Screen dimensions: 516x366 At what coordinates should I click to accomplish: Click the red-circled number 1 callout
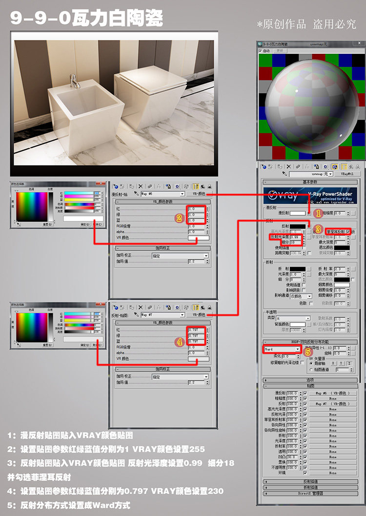point(317,213)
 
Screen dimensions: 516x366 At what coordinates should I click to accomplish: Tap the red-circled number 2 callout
point(179,218)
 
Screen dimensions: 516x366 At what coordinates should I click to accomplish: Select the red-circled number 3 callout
point(317,228)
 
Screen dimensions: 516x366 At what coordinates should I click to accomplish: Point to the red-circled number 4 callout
point(179,342)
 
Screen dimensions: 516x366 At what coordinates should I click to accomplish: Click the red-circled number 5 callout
point(308,351)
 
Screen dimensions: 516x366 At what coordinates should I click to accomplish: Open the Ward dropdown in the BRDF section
point(283,350)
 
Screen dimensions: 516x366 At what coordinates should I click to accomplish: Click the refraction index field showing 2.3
point(340,269)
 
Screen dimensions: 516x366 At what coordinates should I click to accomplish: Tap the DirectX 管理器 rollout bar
point(310,494)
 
